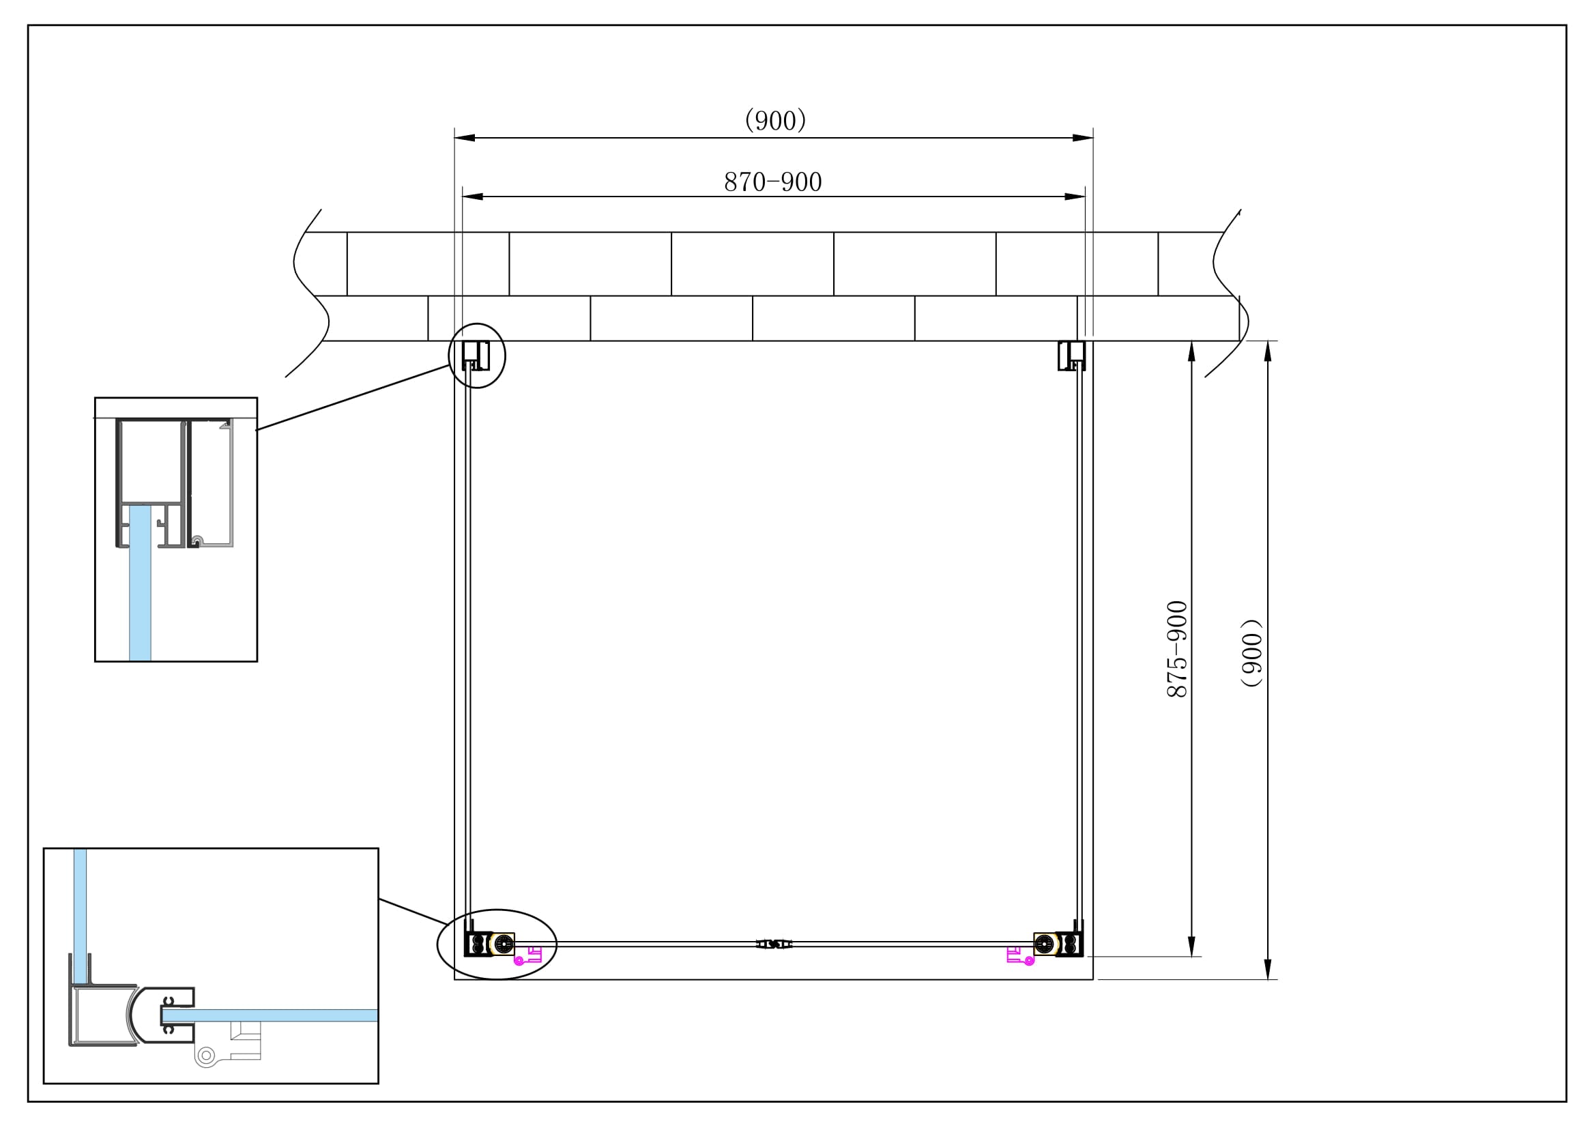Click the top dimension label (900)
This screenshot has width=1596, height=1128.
click(x=774, y=120)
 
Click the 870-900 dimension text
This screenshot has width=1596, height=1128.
click(x=772, y=182)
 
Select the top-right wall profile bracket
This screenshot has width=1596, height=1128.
click(x=1071, y=355)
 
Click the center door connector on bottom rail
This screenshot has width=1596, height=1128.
click(x=774, y=944)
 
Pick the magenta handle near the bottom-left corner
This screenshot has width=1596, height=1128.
click(x=528, y=955)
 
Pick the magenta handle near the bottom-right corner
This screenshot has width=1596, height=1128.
click(x=1019, y=956)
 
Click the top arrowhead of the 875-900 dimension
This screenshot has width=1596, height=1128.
click(x=1191, y=351)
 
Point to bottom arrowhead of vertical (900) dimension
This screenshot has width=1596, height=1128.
click(x=1267, y=969)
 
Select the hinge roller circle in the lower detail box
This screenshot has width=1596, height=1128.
click(x=206, y=1056)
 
